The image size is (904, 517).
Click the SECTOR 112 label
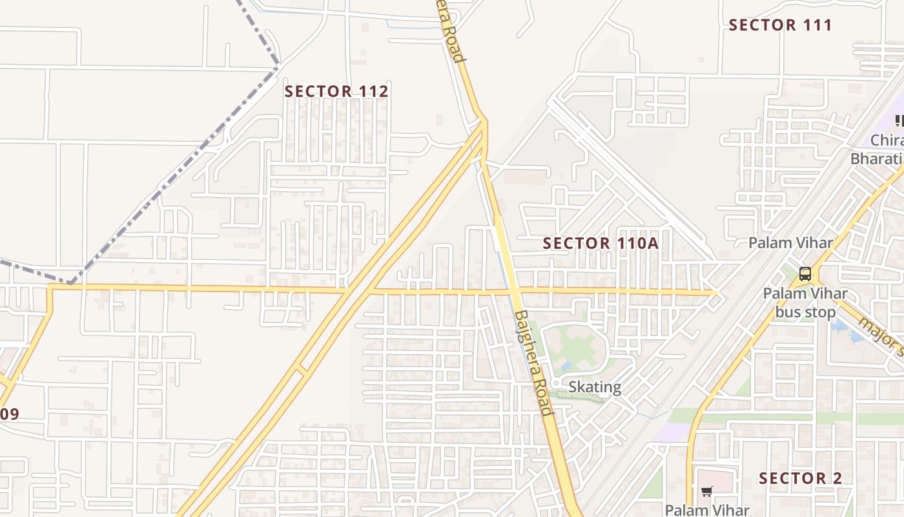[x=336, y=91]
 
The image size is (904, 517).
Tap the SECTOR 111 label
[x=780, y=25]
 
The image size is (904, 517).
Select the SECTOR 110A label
[x=601, y=243]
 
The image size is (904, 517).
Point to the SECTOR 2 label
[x=800, y=478]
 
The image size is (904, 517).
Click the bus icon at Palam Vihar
[x=805, y=273]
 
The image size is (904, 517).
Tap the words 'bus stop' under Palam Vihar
[x=805, y=312]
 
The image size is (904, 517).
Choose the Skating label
[x=595, y=387]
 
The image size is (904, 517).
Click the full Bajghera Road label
[x=534, y=363]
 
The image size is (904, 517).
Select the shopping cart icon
[x=707, y=492]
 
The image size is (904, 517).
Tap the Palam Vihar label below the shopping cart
[x=707, y=509]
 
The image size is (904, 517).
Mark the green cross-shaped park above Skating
[x=572, y=349]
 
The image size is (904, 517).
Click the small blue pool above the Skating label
[x=566, y=366]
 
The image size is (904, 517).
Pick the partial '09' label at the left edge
[x=9, y=414]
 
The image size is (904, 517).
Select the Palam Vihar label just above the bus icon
[x=790, y=243]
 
